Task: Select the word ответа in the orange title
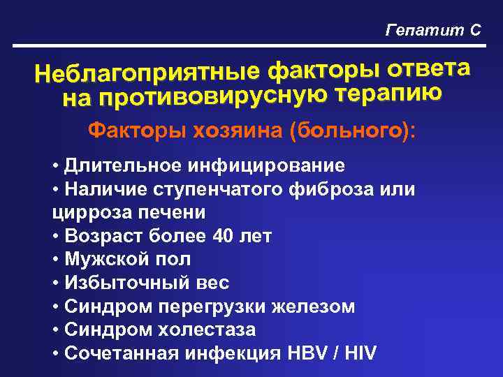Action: (427, 67)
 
